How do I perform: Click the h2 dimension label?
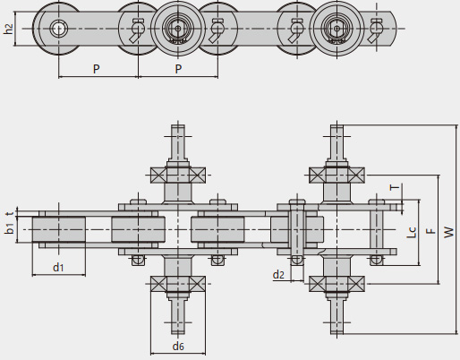point(9,29)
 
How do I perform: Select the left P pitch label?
point(96,69)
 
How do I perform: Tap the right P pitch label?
point(178,69)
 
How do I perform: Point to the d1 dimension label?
point(58,267)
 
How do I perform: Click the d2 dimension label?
point(278,275)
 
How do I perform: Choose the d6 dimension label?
point(178,347)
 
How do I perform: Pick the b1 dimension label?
point(10,228)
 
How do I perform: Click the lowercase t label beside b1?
point(11,213)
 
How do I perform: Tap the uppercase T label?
point(395,187)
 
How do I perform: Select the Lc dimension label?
point(412,232)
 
